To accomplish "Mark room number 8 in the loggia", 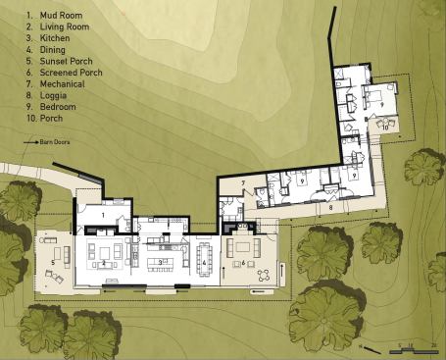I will click(330, 208).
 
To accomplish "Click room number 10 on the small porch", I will click(385, 127).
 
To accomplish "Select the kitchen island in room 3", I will click(162, 262).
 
